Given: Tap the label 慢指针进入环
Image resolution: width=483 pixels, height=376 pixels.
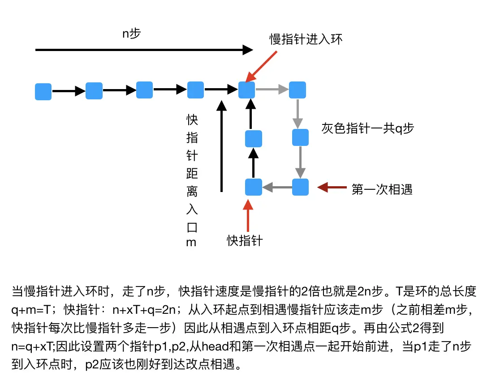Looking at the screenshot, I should pos(306,39).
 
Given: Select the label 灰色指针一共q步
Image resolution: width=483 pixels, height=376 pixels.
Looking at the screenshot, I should pos(367,128).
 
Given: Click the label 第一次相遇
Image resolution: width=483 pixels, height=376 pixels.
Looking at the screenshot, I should pos(382,189).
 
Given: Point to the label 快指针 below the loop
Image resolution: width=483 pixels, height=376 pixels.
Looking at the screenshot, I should pos(245,241).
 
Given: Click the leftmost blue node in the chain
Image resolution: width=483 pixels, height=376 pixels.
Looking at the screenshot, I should pos(43,91).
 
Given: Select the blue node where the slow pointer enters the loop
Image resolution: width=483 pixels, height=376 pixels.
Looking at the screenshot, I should pos(246,90).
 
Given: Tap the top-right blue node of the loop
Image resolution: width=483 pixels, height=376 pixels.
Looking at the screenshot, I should pos(298,90).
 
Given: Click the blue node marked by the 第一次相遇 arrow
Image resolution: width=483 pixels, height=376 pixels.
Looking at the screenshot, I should pos(300,187).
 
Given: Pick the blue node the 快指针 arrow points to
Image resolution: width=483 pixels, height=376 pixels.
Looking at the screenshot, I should pos(253,187).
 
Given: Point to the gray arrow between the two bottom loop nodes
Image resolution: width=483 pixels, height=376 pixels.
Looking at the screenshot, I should pos(277,187).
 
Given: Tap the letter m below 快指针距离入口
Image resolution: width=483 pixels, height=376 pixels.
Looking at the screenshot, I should pos(192,243).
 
